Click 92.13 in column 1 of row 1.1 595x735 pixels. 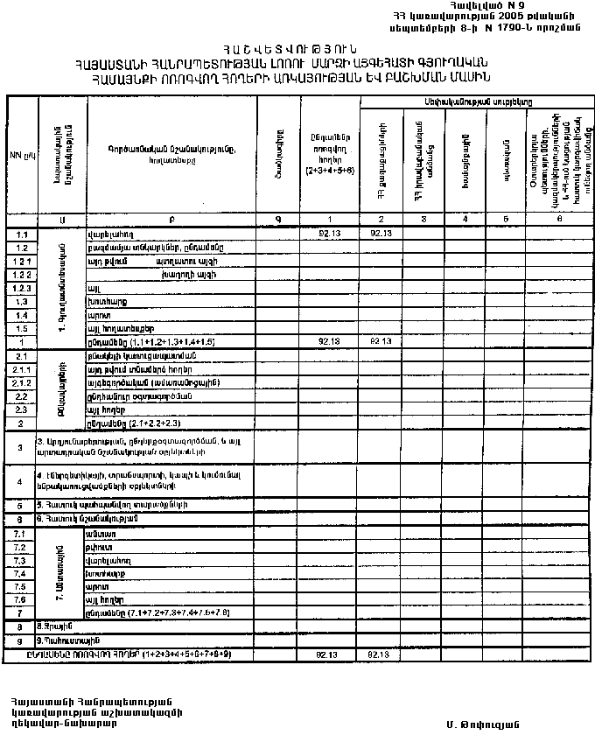point(329,234)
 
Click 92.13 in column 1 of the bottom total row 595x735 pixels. point(329,654)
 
